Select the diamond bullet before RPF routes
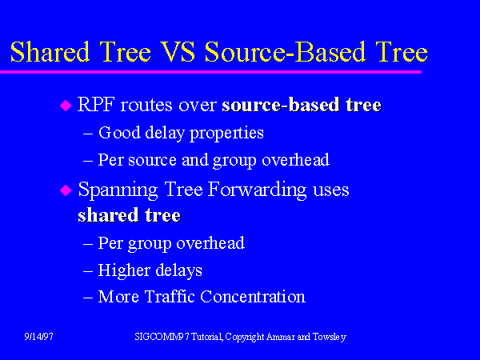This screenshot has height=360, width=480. point(66,106)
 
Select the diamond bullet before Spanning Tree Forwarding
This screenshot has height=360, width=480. point(66,191)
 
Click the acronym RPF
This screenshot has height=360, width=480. point(96,106)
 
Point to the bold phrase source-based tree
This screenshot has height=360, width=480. point(302,106)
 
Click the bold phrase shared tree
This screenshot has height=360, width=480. point(129,215)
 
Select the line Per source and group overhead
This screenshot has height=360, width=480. point(213,159)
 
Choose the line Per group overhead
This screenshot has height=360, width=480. point(170,242)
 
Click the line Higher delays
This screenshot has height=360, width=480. point(150,270)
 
